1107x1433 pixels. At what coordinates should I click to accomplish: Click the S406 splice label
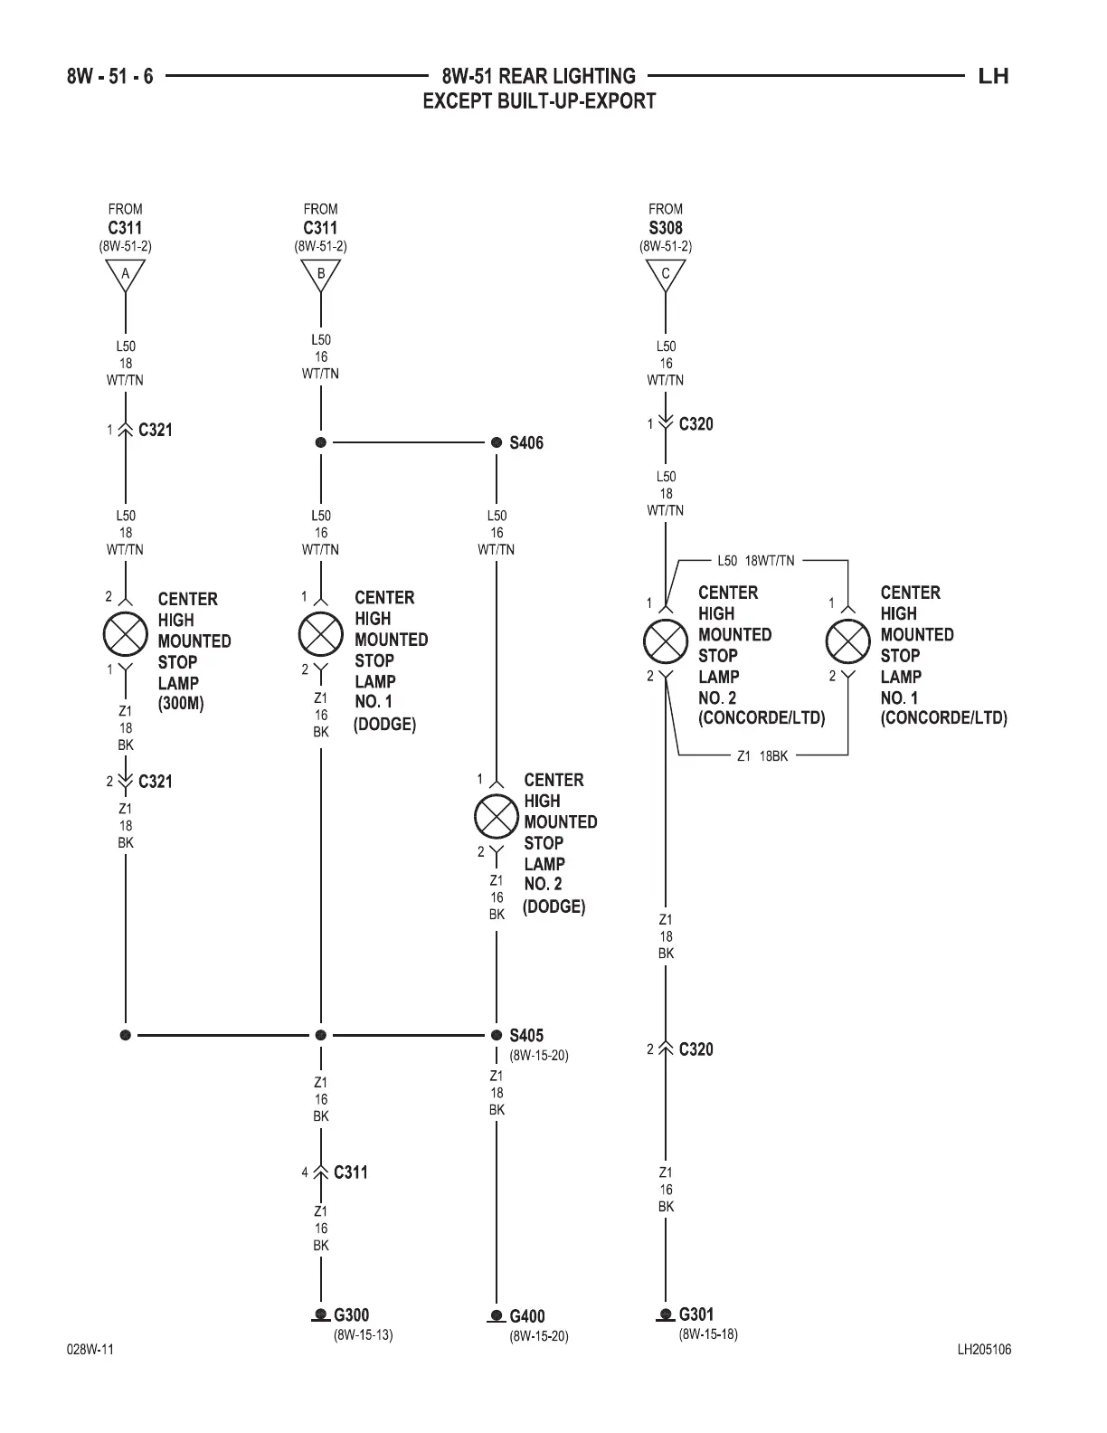click(x=525, y=443)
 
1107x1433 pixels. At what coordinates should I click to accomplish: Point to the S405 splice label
click(x=525, y=1036)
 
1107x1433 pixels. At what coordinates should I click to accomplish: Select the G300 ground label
click(x=351, y=1315)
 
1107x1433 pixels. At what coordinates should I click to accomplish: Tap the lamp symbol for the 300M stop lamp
click(x=126, y=634)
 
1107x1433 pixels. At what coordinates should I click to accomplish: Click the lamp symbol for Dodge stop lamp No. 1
click(x=321, y=634)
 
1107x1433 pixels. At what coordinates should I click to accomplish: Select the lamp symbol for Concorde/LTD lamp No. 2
click(x=666, y=642)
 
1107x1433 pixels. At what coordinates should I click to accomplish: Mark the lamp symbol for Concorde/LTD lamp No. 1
click(x=848, y=642)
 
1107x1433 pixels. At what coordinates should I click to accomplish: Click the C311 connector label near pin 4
click(x=350, y=1172)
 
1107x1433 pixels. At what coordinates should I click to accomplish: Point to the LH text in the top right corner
click(x=993, y=76)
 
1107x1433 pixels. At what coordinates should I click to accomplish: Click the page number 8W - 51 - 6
click(x=109, y=76)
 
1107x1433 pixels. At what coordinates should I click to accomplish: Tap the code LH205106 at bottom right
click(x=984, y=1350)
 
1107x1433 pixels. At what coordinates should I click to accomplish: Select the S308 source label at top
click(x=666, y=228)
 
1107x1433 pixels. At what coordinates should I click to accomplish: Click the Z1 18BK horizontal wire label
click(x=762, y=755)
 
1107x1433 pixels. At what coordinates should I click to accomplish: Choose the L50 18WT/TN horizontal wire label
click(x=755, y=561)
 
